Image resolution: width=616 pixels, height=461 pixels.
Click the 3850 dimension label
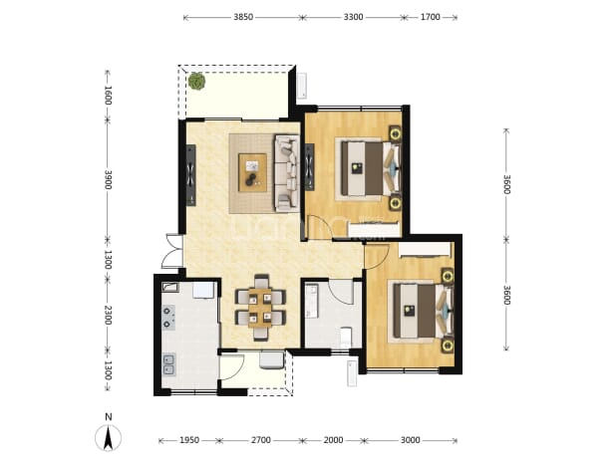tap(243, 17)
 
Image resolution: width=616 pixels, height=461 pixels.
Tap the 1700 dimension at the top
tap(431, 17)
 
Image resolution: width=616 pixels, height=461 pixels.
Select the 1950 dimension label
tap(189, 440)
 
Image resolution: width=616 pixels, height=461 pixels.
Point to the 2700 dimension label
tap(261, 440)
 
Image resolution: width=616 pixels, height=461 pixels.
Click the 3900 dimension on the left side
tap(108, 179)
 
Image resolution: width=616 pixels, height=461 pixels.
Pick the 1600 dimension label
tap(108, 96)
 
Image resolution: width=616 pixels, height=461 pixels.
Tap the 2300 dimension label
tap(108, 315)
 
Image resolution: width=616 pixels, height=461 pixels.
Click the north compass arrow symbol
tap(108, 437)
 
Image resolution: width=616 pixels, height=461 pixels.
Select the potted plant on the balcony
tap(196, 82)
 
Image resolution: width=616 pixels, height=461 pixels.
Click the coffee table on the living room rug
tap(252, 172)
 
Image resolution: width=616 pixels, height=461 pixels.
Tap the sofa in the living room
tap(287, 173)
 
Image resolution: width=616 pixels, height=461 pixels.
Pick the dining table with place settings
tap(260, 308)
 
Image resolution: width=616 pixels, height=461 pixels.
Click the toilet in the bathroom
tap(346, 337)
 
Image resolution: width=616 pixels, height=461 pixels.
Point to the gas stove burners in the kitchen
tap(168, 318)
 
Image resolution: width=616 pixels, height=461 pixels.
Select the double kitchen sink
tap(169, 364)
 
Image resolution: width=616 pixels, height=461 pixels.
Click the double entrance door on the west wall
tap(172, 251)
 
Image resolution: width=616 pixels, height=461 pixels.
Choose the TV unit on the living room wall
tap(191, 175)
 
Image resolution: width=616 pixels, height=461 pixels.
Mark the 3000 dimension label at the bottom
tap(410, 440)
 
